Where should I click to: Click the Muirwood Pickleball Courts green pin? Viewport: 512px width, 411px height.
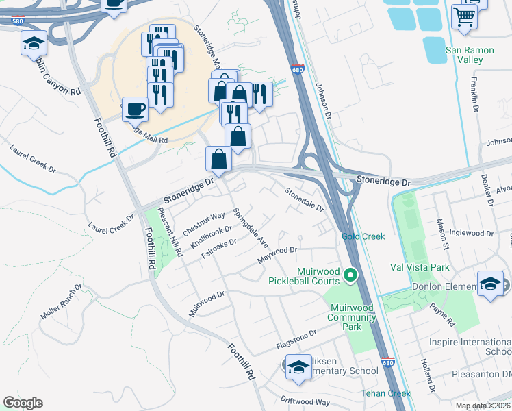pos(350,275)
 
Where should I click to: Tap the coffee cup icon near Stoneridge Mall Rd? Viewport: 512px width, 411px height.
pos(135,108)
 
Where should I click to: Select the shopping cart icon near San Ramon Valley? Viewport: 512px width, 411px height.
pos(465,16)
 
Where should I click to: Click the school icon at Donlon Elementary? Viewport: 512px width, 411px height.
pos(491,285)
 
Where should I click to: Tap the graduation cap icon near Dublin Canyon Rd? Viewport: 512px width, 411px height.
pos(33,44)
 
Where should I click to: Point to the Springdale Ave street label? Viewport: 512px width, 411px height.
pos(250,227)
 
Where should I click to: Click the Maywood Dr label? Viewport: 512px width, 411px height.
pos(277,255)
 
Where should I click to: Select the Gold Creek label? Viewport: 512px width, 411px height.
pos(363,236)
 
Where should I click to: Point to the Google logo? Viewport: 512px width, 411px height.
pos(23,403)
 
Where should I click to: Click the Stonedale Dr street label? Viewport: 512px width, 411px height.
pos(304,199)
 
